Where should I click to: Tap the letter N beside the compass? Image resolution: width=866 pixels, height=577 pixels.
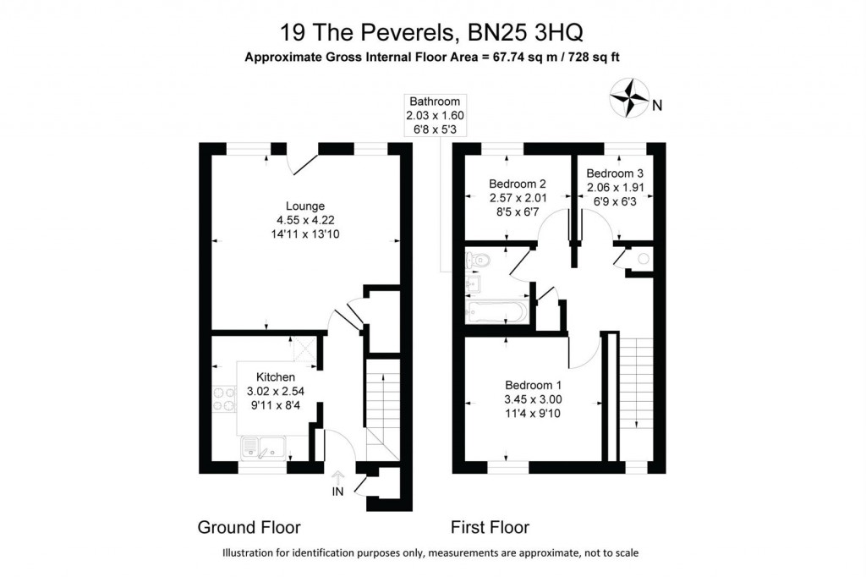point(657,105)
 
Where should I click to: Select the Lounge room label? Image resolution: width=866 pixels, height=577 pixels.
point(305,206)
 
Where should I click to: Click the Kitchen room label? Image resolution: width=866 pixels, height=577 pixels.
point(276,376)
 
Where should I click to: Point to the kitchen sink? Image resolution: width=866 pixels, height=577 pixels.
point(263,447)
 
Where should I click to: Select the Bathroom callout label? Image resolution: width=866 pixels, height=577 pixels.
point(435,102)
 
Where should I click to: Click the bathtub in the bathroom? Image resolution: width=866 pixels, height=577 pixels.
point(497,312)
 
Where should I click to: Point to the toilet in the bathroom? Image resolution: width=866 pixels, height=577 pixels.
point(476,259)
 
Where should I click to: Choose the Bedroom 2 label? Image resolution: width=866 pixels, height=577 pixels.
point(518,184)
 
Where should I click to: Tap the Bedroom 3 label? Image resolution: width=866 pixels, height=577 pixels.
point(615,173)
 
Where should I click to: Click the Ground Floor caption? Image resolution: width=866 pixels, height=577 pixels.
point(249,528)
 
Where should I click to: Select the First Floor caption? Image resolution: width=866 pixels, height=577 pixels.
point(490,528)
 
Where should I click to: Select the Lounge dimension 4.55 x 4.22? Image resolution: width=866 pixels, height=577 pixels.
point(305,220)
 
